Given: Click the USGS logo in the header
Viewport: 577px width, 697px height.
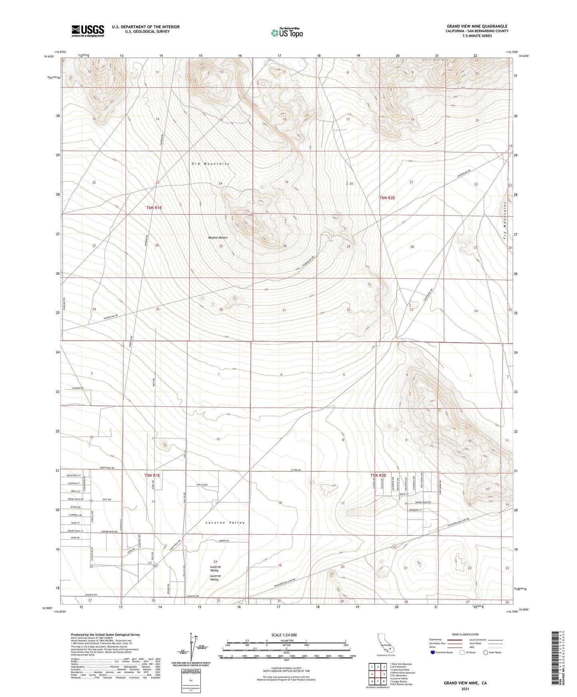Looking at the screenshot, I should pos(88,31).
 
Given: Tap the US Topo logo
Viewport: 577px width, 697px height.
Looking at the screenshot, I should pos(287,33).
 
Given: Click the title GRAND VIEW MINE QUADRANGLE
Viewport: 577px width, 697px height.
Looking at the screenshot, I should pos(477,26).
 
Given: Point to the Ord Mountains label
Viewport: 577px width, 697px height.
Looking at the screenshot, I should pos(210,164).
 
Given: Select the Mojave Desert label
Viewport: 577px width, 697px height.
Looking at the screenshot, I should pos(218,238).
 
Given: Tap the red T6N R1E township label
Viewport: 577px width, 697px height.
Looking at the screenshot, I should pos(154,208).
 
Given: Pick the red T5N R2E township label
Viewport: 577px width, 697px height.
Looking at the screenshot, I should pos(379,475).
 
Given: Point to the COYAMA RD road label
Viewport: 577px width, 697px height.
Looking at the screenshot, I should pos(78,388).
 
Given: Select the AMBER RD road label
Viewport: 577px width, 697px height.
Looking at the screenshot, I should pos(224,541).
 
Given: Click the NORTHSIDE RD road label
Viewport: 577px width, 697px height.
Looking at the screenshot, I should pos(107,468).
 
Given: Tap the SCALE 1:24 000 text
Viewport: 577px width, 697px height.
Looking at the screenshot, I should pos(284,635).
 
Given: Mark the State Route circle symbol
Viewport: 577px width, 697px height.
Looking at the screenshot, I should pos(486,652).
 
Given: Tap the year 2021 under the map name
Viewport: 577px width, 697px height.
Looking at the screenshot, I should pos(465,689).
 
